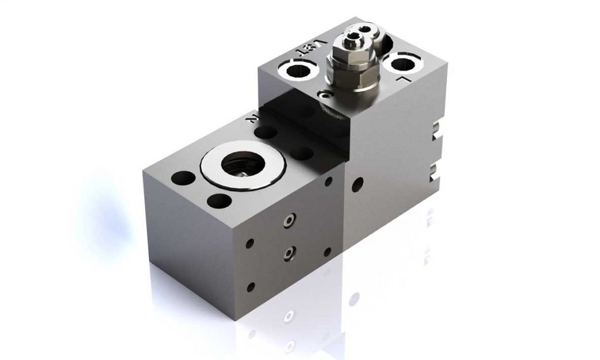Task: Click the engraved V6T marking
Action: coord(311,46)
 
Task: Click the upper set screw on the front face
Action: coord(288,220)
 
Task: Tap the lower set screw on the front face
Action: coord(288,253)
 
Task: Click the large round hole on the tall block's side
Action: coord(356,184)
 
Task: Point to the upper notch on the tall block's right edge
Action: coord(434,130)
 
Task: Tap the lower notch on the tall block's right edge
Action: coord(433,172)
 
